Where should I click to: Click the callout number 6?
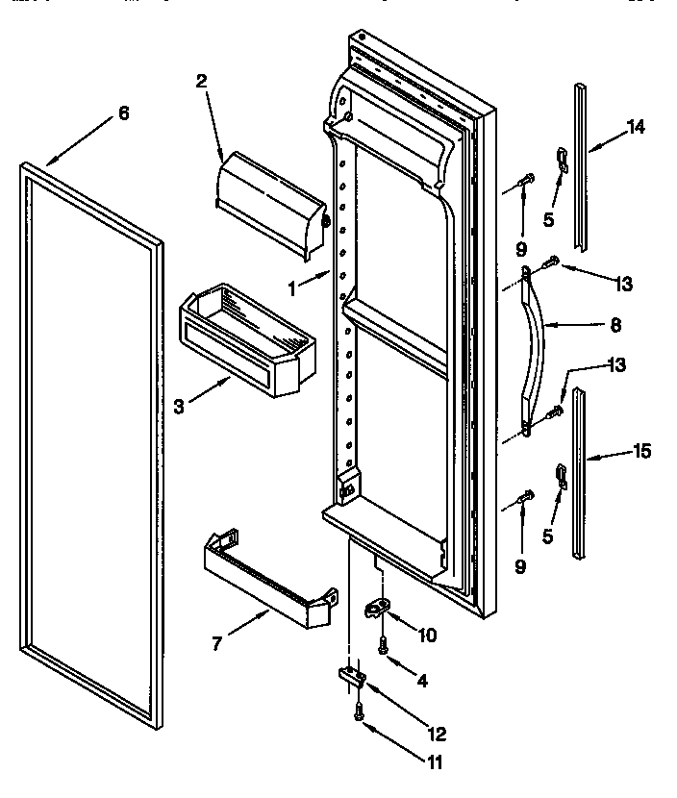(123, 113)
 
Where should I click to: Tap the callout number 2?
(200, 82)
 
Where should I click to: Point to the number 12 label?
(438, 735)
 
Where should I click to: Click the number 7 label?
(218, 643)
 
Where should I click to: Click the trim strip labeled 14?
(583, 173)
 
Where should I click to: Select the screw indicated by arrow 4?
(383, 646)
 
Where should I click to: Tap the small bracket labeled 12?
(351, 679)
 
